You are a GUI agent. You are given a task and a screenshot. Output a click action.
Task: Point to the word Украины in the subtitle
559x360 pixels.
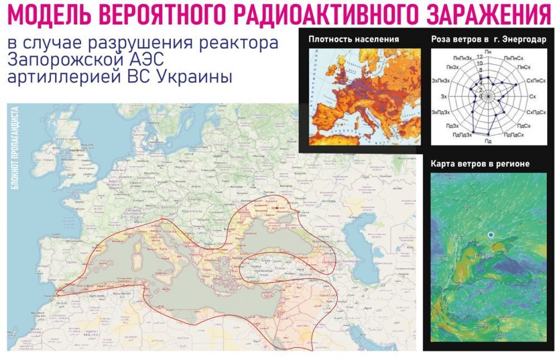[198, 77]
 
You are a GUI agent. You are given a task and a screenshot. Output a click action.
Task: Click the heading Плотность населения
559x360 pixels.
[354, 40]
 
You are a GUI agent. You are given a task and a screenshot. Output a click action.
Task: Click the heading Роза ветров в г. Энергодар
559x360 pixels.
[488, 40]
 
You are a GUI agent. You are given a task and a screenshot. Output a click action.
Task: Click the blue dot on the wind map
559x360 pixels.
[491, 235]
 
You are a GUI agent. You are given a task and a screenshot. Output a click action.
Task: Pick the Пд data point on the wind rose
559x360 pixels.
[488, 135]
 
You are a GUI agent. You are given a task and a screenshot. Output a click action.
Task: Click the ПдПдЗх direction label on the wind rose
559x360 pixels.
[462, 134]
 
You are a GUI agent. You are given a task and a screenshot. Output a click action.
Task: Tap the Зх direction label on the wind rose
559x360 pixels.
[443, 97]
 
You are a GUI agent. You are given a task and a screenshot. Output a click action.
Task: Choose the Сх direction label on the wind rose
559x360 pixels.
[532, 97]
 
